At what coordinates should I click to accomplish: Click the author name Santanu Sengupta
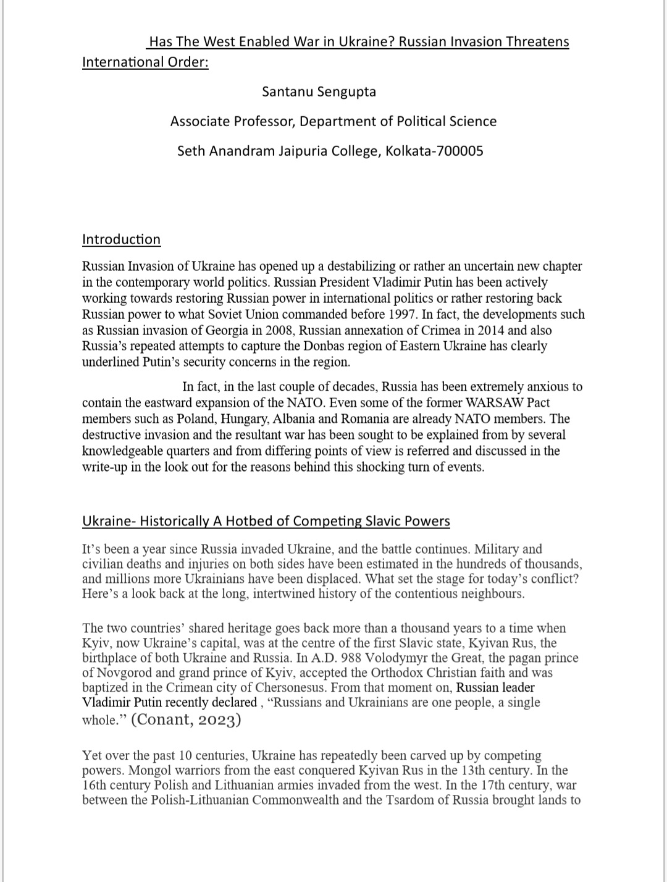tap(319, 92)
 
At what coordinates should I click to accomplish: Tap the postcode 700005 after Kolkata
tap(460, 151)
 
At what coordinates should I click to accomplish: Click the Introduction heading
tap(121, 240)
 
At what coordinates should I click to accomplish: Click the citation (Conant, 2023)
tap(186, 719)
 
